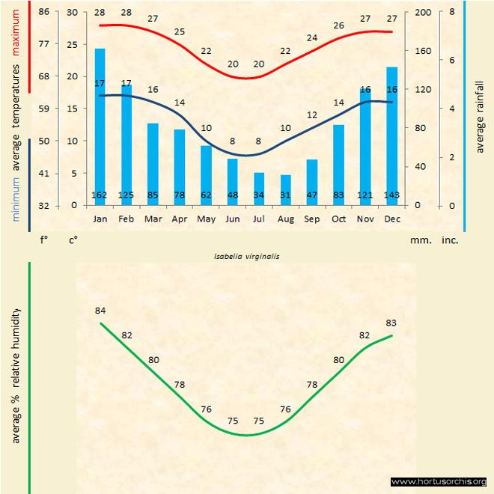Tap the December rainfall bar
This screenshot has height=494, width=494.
tap(391, 135)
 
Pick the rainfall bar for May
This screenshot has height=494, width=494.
tap(206, 174)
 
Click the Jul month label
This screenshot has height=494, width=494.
tap(259, 219)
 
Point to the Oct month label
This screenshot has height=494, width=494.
tap(338, 219)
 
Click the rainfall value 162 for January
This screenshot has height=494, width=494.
tap(100, 195)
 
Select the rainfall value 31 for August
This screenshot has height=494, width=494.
tap(285, 195)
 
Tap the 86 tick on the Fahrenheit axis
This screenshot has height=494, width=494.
tap(44, 12)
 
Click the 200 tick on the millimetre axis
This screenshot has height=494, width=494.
tap(423, 12)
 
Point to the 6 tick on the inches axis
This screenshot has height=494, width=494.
tap(451, 60)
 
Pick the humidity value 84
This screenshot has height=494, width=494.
tap(100, 311)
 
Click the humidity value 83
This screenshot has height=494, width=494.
tap(391, 323)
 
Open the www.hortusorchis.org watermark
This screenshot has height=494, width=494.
tap(439, 481)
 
